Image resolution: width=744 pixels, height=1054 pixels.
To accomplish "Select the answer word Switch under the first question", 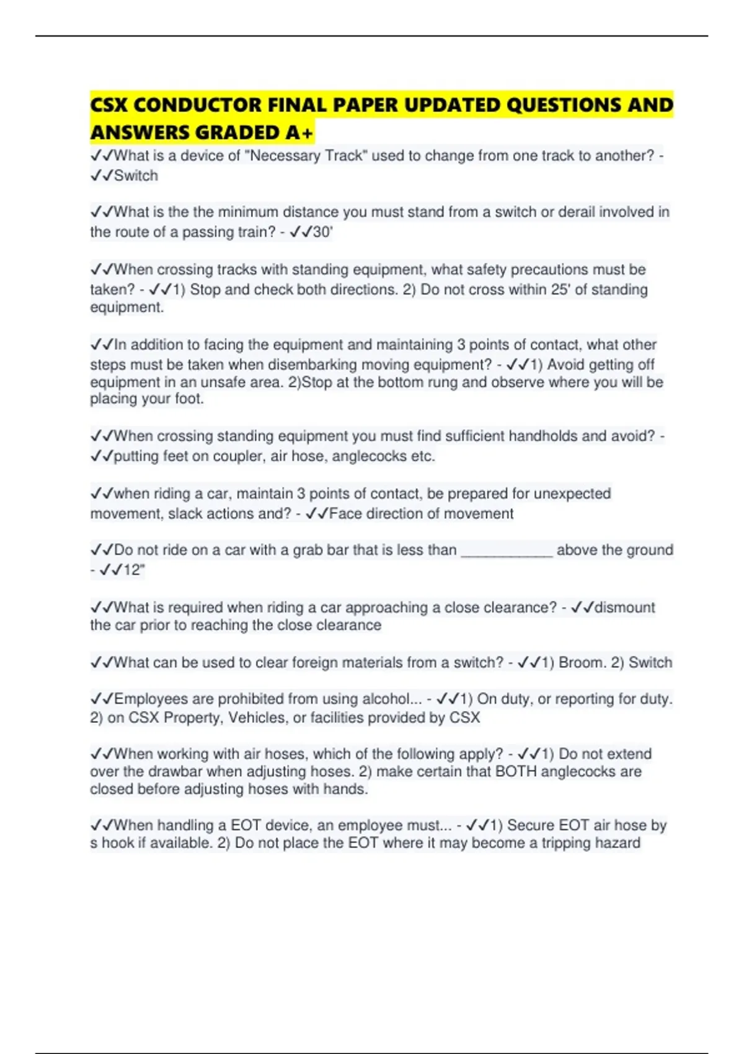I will [x=136, y=175].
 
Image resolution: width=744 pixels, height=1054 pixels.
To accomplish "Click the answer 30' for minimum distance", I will [x=322, y=232].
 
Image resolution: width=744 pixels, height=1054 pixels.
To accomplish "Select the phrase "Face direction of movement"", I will [x=421, y=513].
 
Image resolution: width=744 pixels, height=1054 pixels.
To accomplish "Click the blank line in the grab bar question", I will [x=507, y=550].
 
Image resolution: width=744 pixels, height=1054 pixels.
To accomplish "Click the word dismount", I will [x=624, y=607].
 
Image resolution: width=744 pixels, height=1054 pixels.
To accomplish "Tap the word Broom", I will [x=581, y=662].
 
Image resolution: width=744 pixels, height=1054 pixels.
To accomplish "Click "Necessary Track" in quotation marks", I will [x=306, y=156].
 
